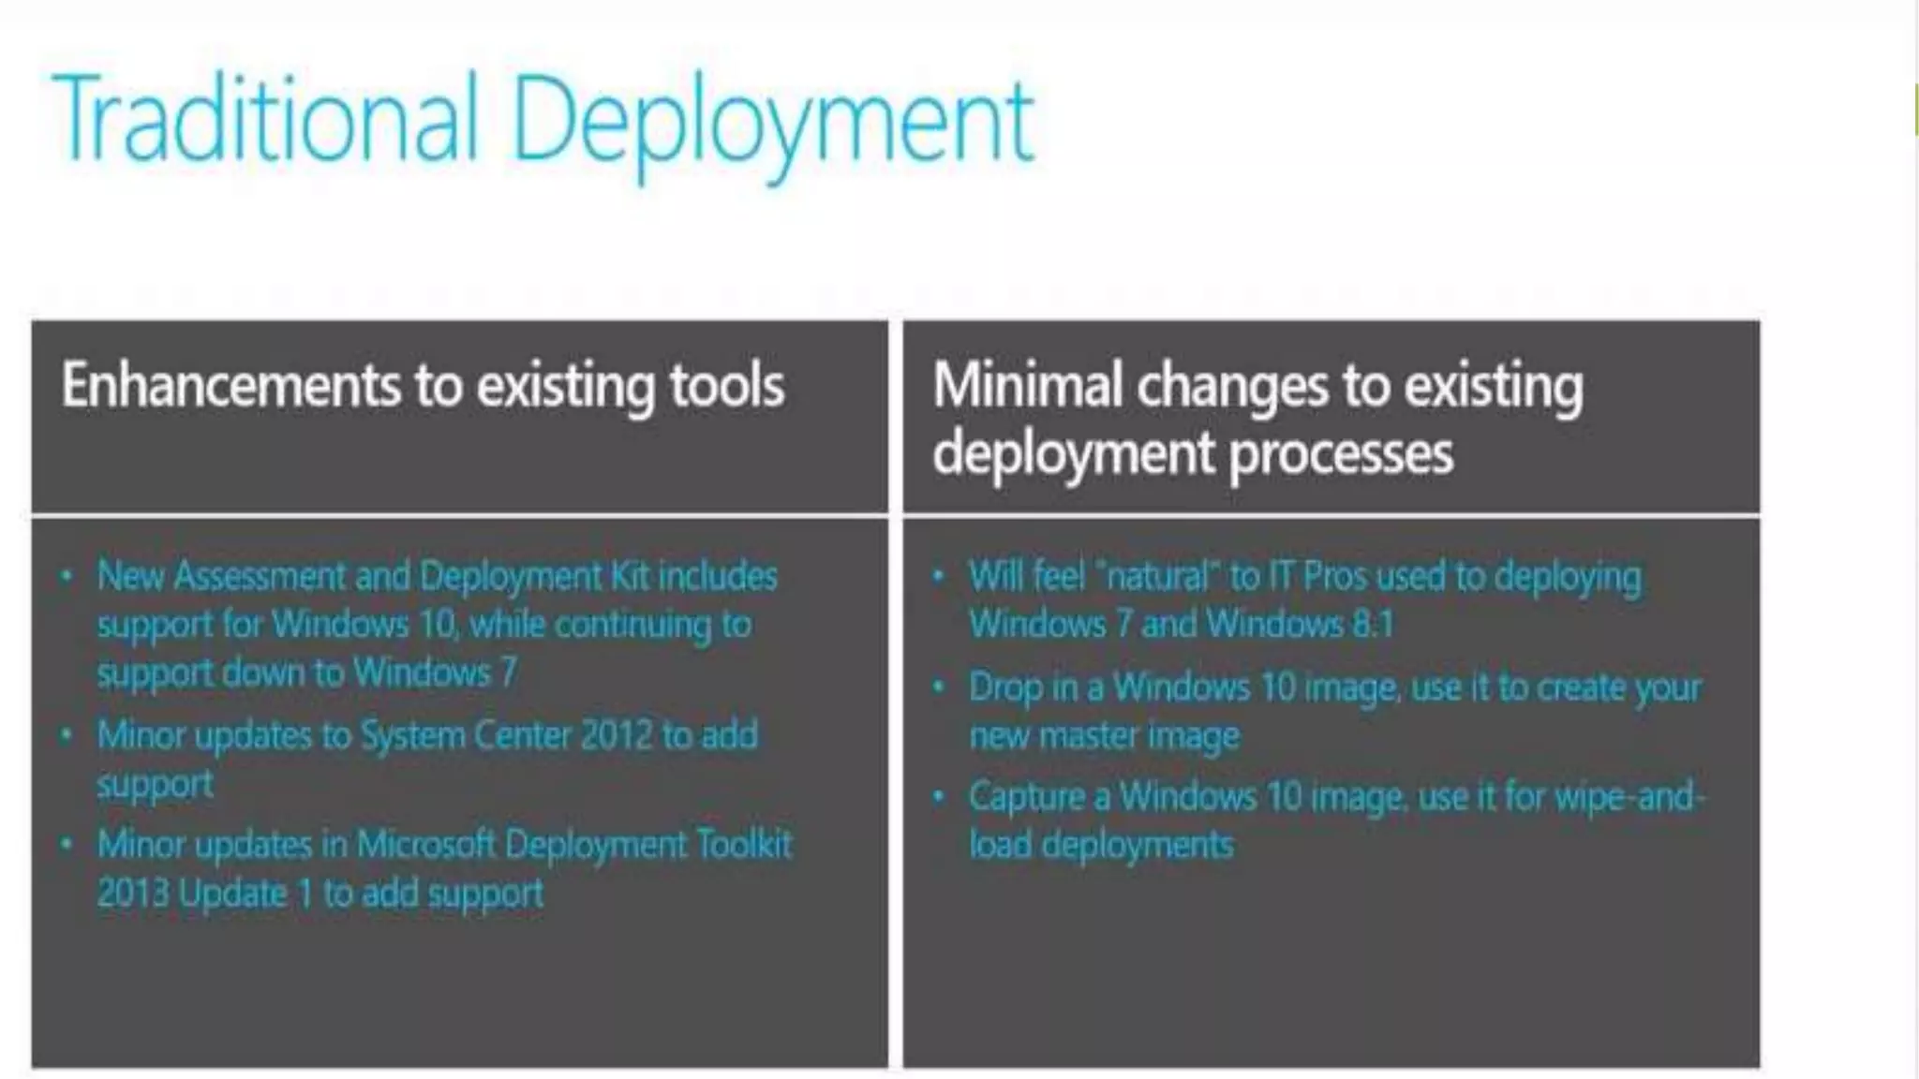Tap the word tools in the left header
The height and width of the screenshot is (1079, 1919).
point(726,385)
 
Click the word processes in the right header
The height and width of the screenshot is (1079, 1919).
point(1340,453)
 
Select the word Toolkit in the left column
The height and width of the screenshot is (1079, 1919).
point(745,845)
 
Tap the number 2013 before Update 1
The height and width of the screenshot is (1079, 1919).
point(132,894)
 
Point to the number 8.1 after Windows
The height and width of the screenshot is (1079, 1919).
point(1372,625)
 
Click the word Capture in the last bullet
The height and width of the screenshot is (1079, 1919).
point(1026,797)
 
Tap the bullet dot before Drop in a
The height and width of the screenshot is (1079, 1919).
point(938,687)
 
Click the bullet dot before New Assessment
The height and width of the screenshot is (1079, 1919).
point(66,576)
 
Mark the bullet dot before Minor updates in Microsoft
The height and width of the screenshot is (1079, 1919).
point(66,845)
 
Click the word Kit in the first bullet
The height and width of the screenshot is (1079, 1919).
point(630,576)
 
